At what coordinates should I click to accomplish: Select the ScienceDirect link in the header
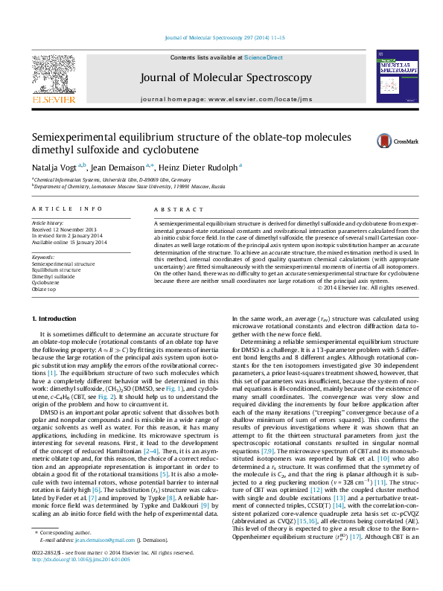[264, 57]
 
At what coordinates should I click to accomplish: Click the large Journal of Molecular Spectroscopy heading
[226, 77]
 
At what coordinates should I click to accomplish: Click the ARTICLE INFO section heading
[66, 210]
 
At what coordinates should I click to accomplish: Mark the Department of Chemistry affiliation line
[130, 187]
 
